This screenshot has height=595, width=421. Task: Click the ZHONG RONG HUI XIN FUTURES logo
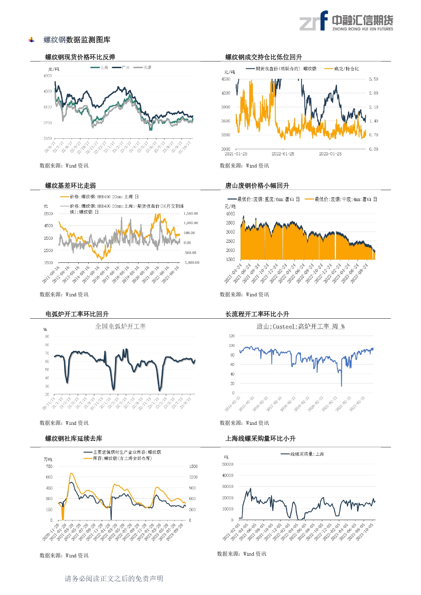point(346,21)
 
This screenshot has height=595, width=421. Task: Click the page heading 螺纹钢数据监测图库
point(77,40)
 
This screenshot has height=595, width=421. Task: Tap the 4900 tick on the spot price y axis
point(47,76)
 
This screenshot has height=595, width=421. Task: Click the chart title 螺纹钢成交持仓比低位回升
point(264,57)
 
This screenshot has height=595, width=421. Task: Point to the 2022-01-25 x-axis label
point(283,154)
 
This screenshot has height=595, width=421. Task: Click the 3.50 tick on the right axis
point(373,79)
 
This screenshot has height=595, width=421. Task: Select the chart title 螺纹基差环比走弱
point(71,185)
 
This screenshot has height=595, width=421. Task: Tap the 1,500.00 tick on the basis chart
point(191,214)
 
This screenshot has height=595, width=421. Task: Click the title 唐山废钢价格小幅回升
point(257,185)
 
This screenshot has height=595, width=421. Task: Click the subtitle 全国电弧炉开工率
point(120,326)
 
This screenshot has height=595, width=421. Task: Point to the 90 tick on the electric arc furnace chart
point(47,337)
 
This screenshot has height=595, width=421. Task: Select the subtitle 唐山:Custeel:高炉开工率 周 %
point(300,326)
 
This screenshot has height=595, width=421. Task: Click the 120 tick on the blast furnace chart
point(232,336)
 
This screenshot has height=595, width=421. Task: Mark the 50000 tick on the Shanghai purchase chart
point(228,464)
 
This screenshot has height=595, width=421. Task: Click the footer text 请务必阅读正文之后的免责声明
point(114,578)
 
